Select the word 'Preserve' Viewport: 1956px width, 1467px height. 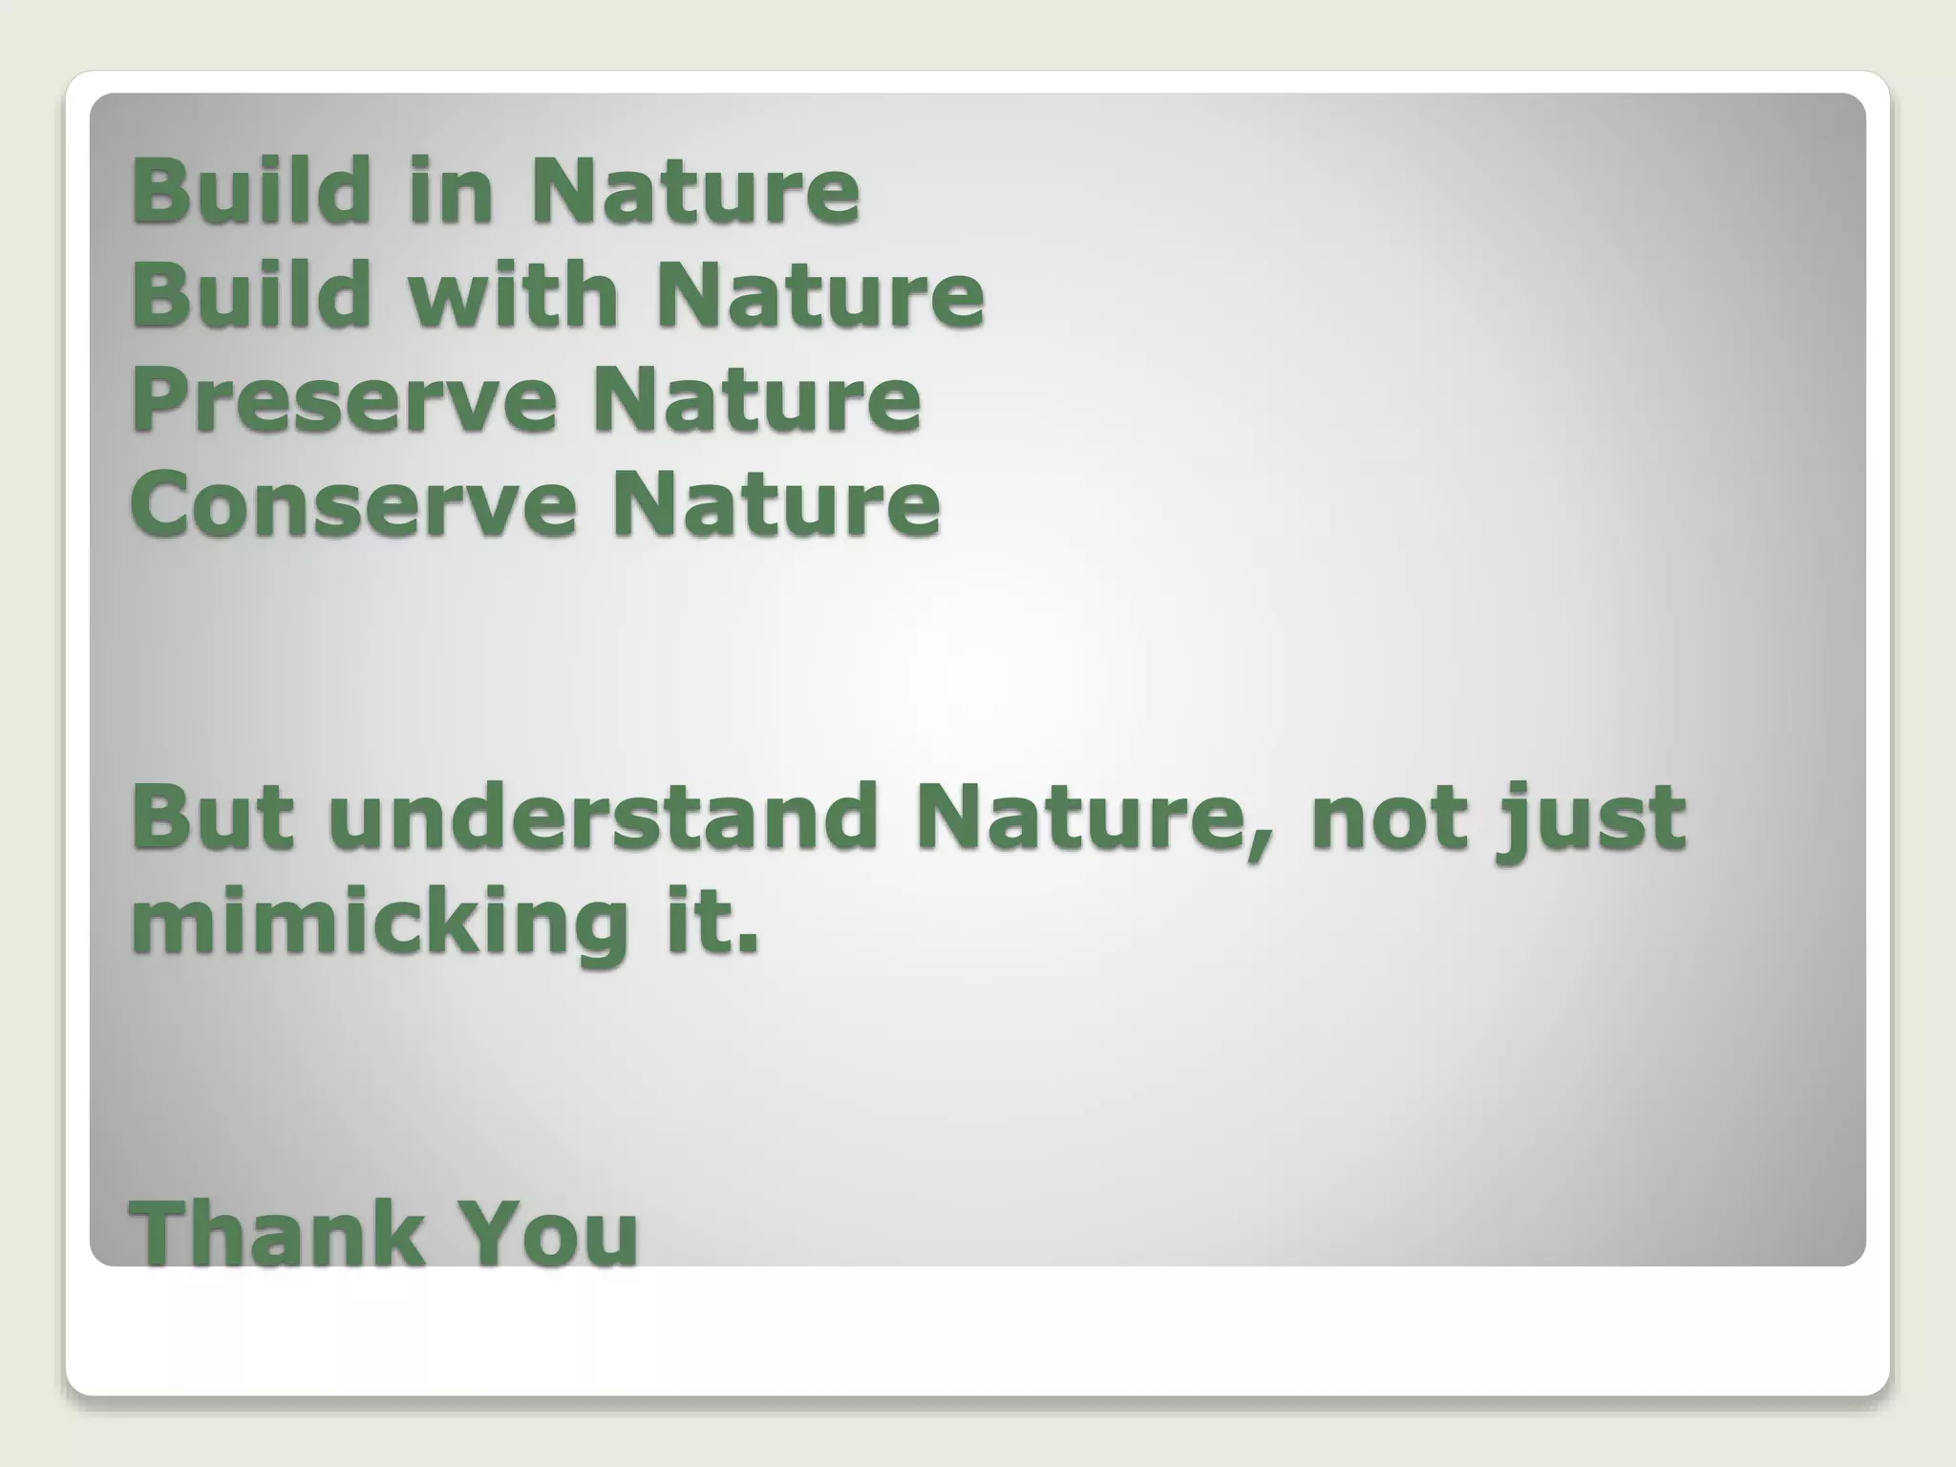click(x=344, y=399)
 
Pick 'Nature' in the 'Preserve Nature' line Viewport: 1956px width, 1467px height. click(x=756, y=399)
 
